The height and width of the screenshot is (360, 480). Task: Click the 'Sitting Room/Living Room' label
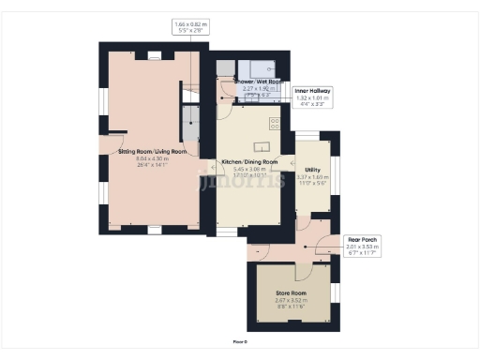[x=153, y=151]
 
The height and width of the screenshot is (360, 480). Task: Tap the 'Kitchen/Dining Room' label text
[x=249, y=162]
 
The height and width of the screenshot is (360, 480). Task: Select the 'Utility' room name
[x=313, y=170]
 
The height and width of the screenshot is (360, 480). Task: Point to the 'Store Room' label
[x=290, y=292]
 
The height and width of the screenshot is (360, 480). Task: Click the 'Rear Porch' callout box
[x=362, y=246]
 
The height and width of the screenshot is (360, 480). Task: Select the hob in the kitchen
[x=276, y=123]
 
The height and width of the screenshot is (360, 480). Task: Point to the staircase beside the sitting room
[x=190, y=117]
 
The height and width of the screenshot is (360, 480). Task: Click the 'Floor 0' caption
[x=240, y=341]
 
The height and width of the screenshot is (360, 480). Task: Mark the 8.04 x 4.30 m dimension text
[x=153, y=158]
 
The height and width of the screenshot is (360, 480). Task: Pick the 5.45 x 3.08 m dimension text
[x=249, y=169]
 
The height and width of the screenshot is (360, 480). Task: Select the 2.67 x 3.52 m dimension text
[x=290, y=300]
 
